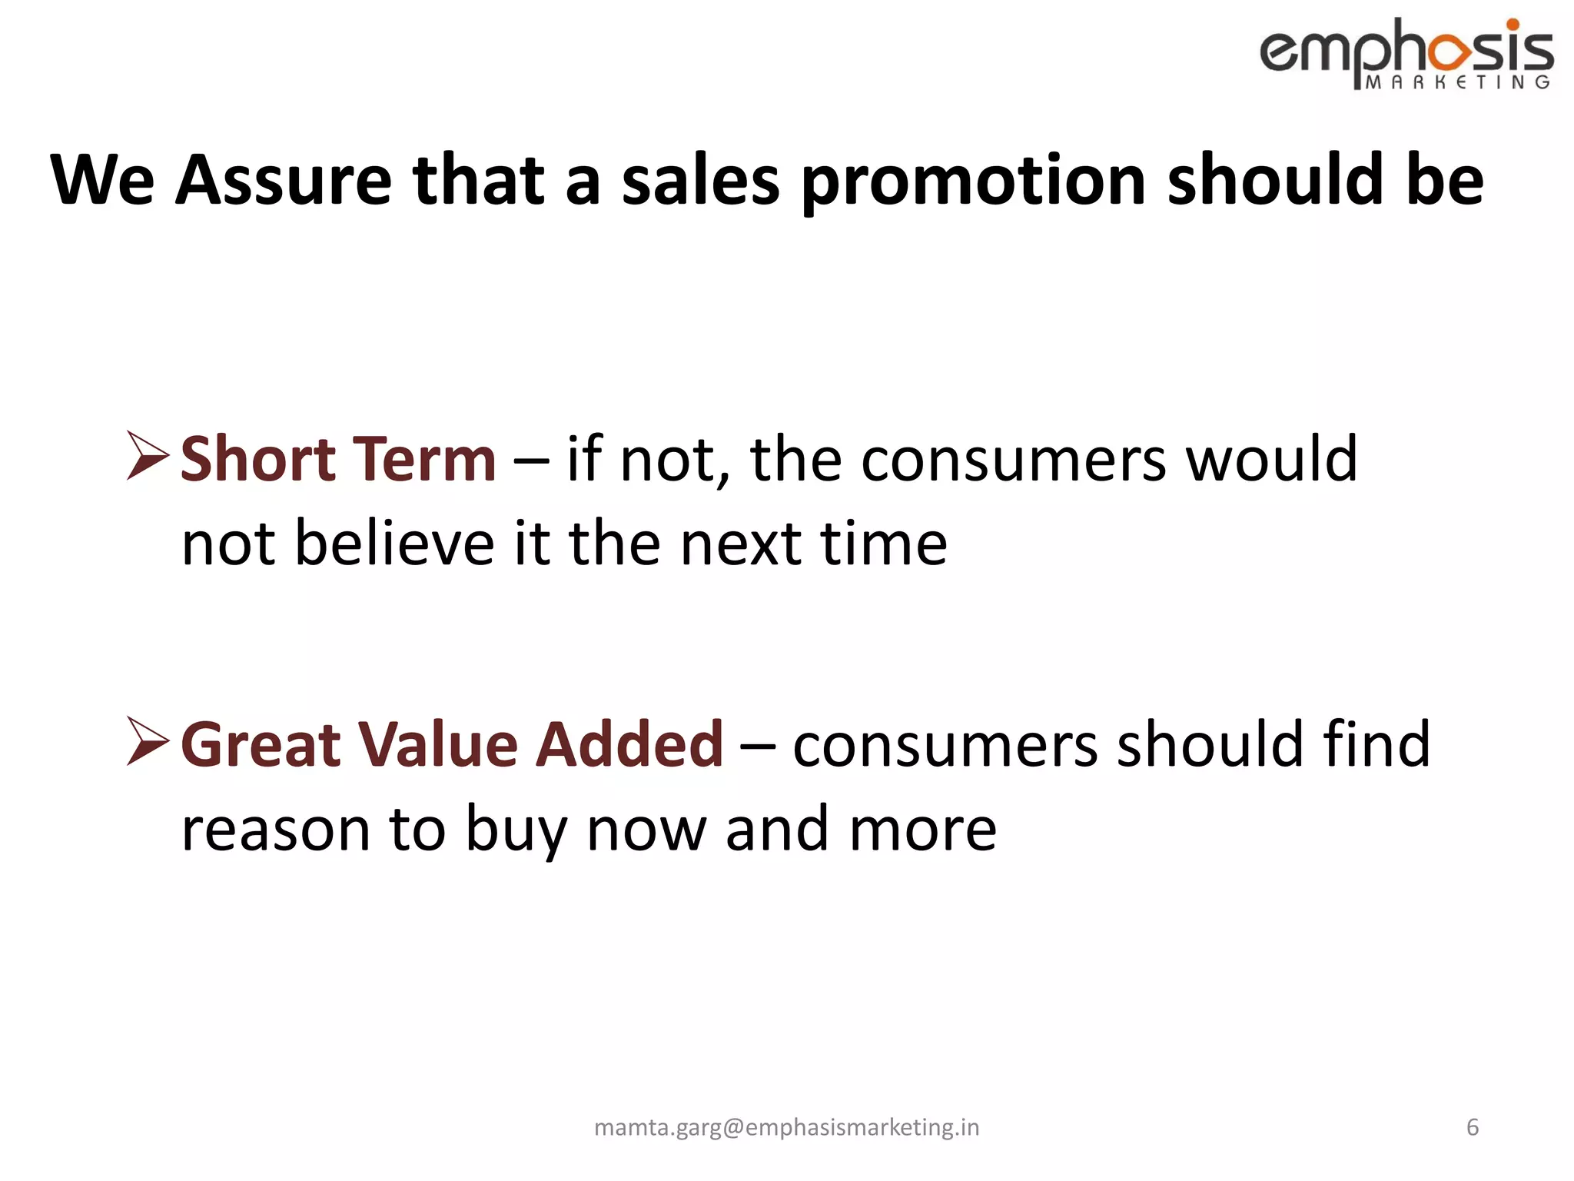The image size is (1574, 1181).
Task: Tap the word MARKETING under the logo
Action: click(x=1457, y=82)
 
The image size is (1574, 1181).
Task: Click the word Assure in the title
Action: click(x=284, y=181)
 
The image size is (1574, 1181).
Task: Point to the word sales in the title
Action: click(x=700, y=181)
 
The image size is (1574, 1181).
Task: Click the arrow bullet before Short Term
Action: click(x=148, y=456)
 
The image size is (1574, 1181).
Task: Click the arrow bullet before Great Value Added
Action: click(x=148, y=741)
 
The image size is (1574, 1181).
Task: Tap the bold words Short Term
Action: click(x=338, y=459)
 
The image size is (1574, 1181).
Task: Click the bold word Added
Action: click(x=629, y=744)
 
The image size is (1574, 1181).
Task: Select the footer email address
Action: click(x=786, y=1127)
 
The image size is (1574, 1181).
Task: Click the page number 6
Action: click(x=1473, y=1127)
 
